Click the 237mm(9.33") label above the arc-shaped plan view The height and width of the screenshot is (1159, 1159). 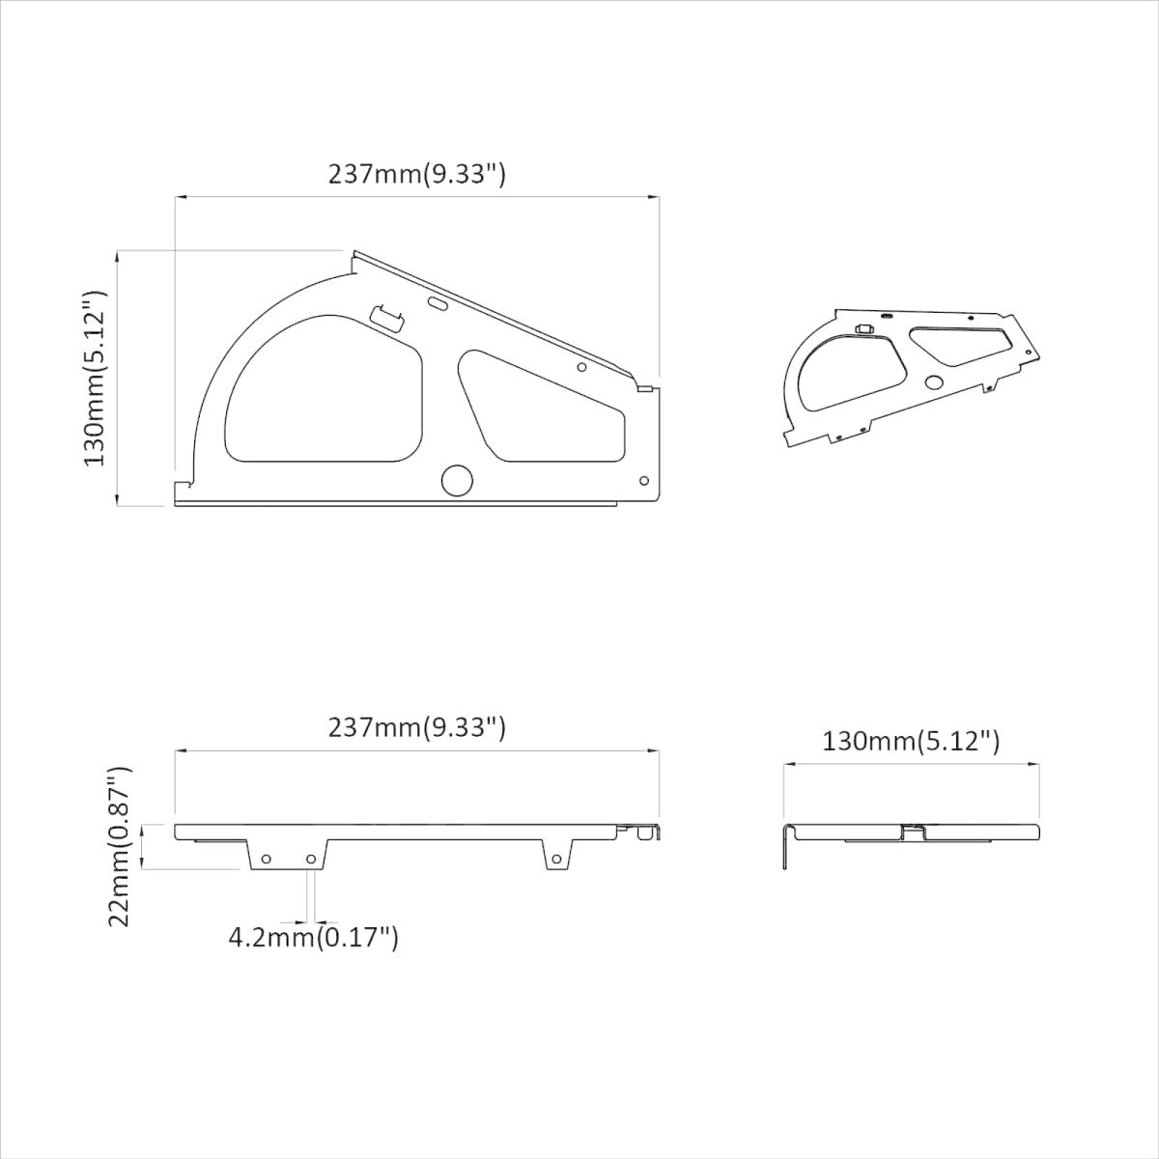pyautogui.click(x=417, y=175)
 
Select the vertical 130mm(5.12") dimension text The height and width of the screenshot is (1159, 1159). pyautogui.click(x=95, y=379)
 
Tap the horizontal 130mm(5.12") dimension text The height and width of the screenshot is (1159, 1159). pyautogui.click(x=911, y=742)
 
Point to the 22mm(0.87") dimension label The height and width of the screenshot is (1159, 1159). pyautogui.click(x=119, y=847)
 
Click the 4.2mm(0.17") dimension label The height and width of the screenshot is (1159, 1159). pyautogui.click(x=313, y=954)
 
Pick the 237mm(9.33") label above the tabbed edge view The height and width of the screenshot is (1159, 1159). pyautogui.click(x=417, y=728)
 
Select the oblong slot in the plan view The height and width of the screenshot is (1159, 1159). pyautogui.click(x=438, y=303)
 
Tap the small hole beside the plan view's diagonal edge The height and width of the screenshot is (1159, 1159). pyautogui.click(x=581, y=367)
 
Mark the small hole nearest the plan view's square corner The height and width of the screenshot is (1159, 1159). pyautogui.click(x=644, y=481)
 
